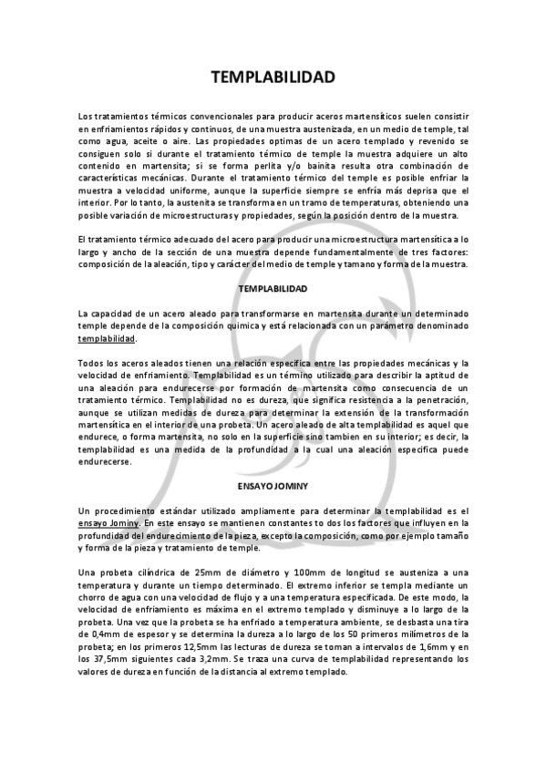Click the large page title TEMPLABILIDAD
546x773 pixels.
coord(273,77)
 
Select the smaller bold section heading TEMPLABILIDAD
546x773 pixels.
coord(273,288)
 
